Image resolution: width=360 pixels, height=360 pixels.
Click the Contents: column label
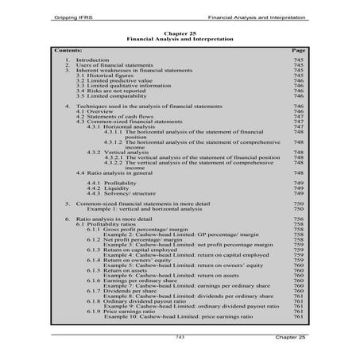(x=70, y=49)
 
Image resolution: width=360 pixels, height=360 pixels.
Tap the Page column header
(x=299, y=49)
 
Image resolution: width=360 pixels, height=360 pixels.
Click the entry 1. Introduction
(x=87, y=60)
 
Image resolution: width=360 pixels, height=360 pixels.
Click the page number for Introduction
(x=299, y=60)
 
